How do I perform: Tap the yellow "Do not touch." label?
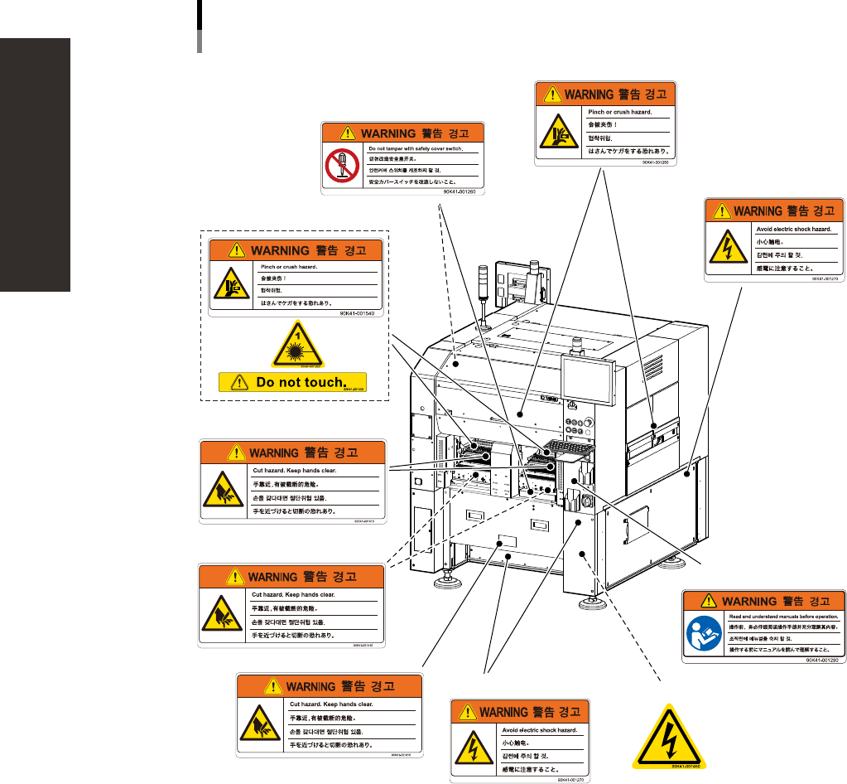292,382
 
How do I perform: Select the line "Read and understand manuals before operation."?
784,617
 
